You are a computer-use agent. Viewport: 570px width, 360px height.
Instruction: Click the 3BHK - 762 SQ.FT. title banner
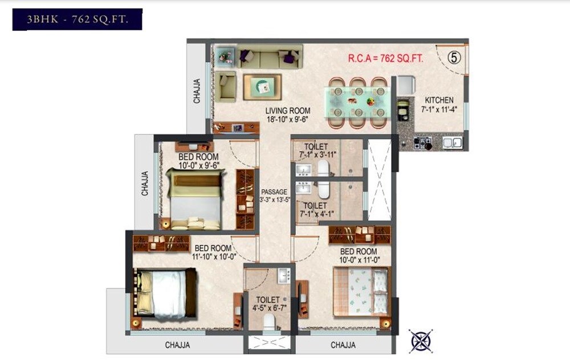78,20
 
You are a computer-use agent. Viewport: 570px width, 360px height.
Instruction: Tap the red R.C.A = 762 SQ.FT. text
389,58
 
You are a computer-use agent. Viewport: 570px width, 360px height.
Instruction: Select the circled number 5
454,58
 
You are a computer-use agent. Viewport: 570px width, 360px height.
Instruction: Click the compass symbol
420,340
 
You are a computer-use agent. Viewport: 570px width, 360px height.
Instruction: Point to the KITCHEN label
439,100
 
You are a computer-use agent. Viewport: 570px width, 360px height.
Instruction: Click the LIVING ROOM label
287,111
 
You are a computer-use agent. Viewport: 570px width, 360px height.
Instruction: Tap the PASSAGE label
275,192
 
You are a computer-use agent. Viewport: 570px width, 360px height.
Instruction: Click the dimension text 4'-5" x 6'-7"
267,308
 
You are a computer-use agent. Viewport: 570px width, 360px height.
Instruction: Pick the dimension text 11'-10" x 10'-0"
213,257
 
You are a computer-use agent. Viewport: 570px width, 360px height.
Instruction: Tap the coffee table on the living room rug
262,87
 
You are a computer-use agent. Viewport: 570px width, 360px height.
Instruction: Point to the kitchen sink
452,142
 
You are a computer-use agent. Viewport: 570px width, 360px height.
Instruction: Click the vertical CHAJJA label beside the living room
197,91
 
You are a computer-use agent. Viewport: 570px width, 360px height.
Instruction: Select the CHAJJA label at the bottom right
343,345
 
